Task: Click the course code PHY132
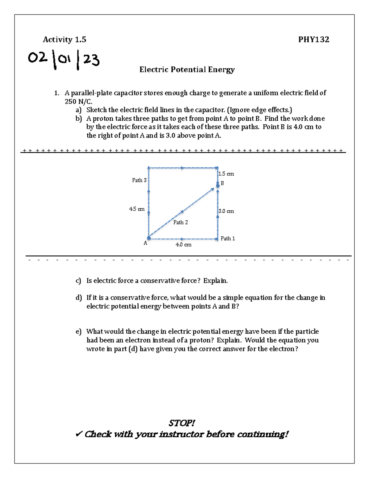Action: (314, 39)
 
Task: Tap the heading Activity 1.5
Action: (65, 39)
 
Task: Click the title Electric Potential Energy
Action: (187, 70)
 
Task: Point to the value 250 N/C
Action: (78, 102)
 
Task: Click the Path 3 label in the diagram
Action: (139, 180)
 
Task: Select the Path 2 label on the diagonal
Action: (181, 222)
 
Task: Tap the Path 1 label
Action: (228, 238)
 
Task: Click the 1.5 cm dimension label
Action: (226, 174)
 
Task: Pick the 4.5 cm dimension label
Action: (137, 209)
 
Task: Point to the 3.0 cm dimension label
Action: (226, 211)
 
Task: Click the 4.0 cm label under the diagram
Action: (184, 245)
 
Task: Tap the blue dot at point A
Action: (149, 238)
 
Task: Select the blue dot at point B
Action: (218, 186)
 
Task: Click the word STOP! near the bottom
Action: (181, 423)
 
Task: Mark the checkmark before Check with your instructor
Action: (79, 434)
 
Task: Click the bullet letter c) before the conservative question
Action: (78, 281)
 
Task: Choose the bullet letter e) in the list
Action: (78, 331)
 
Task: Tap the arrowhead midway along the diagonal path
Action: (182, 211)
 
